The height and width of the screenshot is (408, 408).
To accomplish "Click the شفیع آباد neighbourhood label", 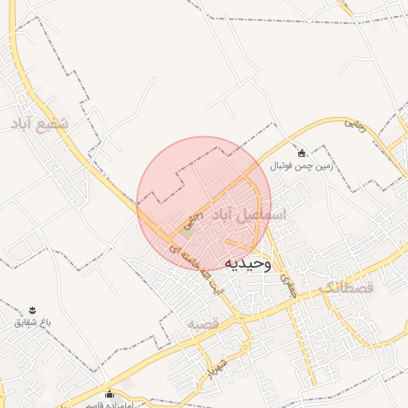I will click(43, 124).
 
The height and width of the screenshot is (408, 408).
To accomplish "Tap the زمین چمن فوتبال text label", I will click(300, 166).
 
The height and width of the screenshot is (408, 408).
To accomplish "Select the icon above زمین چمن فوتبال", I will click(301, 153).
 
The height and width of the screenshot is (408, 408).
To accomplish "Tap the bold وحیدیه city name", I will click(247, 263).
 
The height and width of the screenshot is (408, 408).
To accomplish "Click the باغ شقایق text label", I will click(33, 322).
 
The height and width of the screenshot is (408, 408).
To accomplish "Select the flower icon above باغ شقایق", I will click(33, 310).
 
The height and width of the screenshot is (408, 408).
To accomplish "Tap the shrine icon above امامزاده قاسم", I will click(110, 394).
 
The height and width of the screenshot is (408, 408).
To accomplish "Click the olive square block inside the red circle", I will click(184, 233).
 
